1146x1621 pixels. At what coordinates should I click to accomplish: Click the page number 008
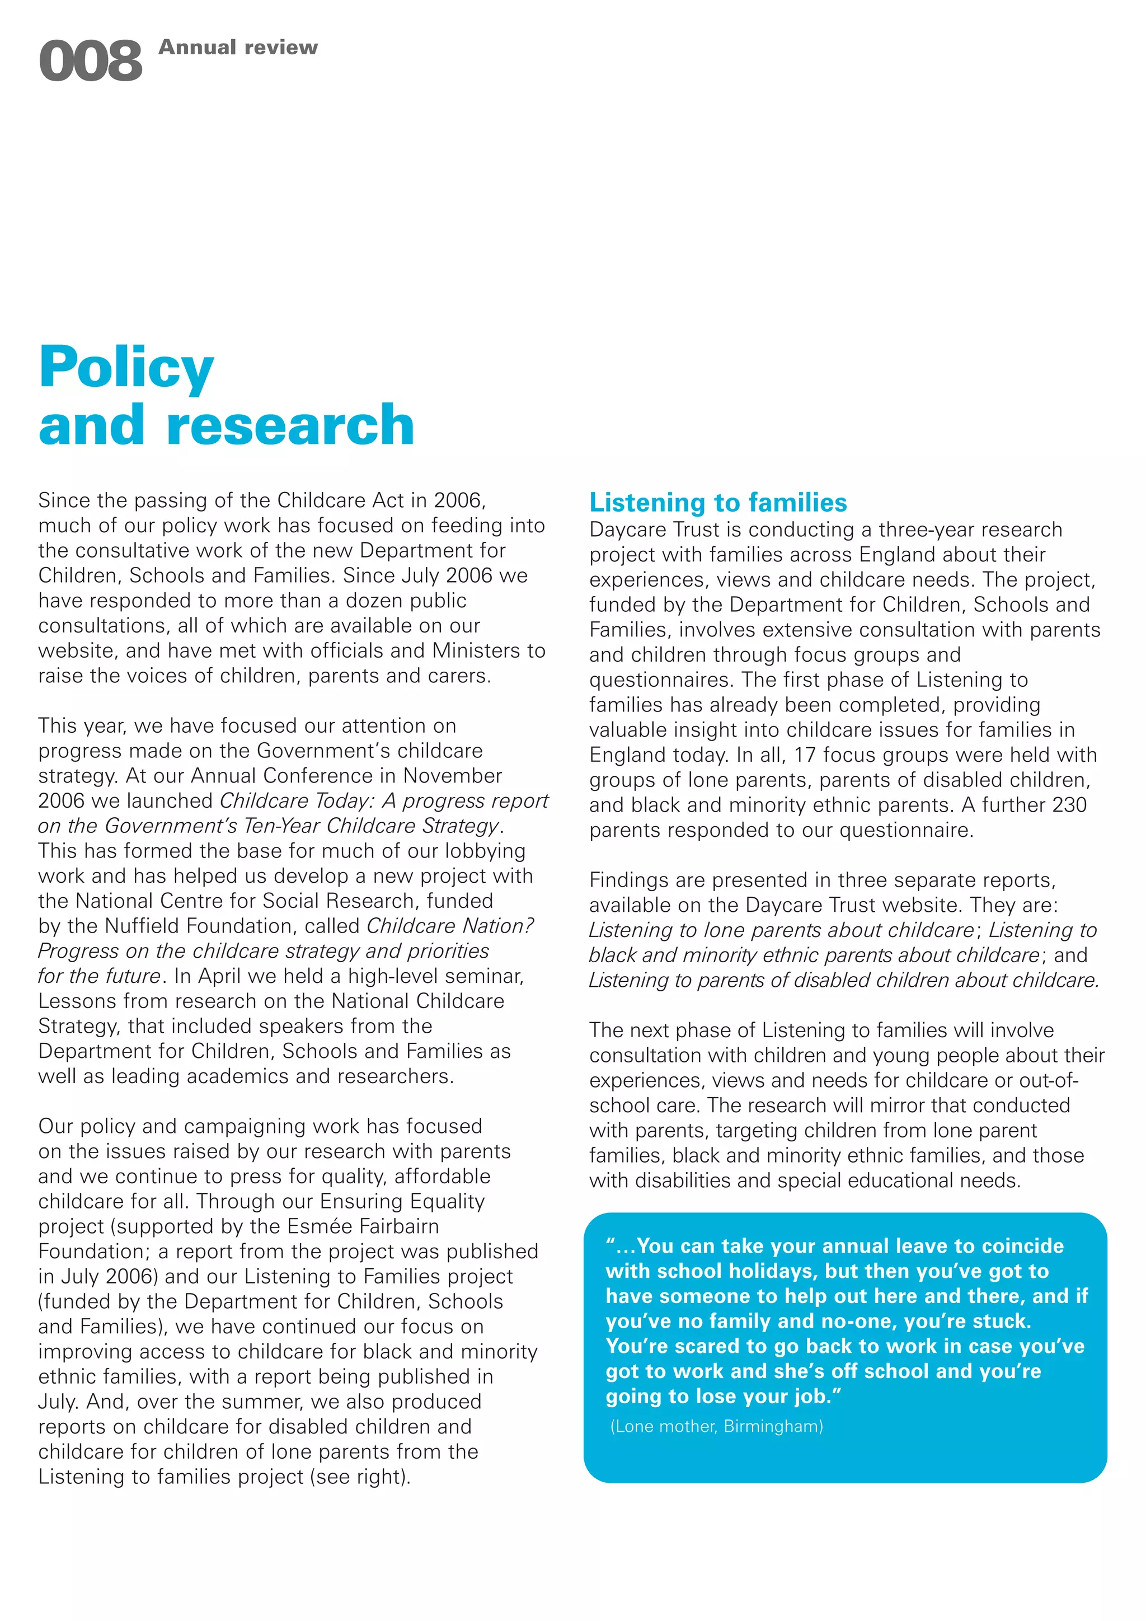tap(90, 62)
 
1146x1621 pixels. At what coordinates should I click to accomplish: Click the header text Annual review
tap(238, 48)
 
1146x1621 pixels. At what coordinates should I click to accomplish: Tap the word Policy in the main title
tap(127, 368)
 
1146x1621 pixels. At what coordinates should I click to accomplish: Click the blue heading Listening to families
tap(718, 503)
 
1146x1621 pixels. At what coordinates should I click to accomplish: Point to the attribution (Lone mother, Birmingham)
tap(717, 1426)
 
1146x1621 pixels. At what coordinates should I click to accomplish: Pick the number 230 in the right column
tap(1068, 805)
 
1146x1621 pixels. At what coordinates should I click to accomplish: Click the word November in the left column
tap(452, 775)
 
